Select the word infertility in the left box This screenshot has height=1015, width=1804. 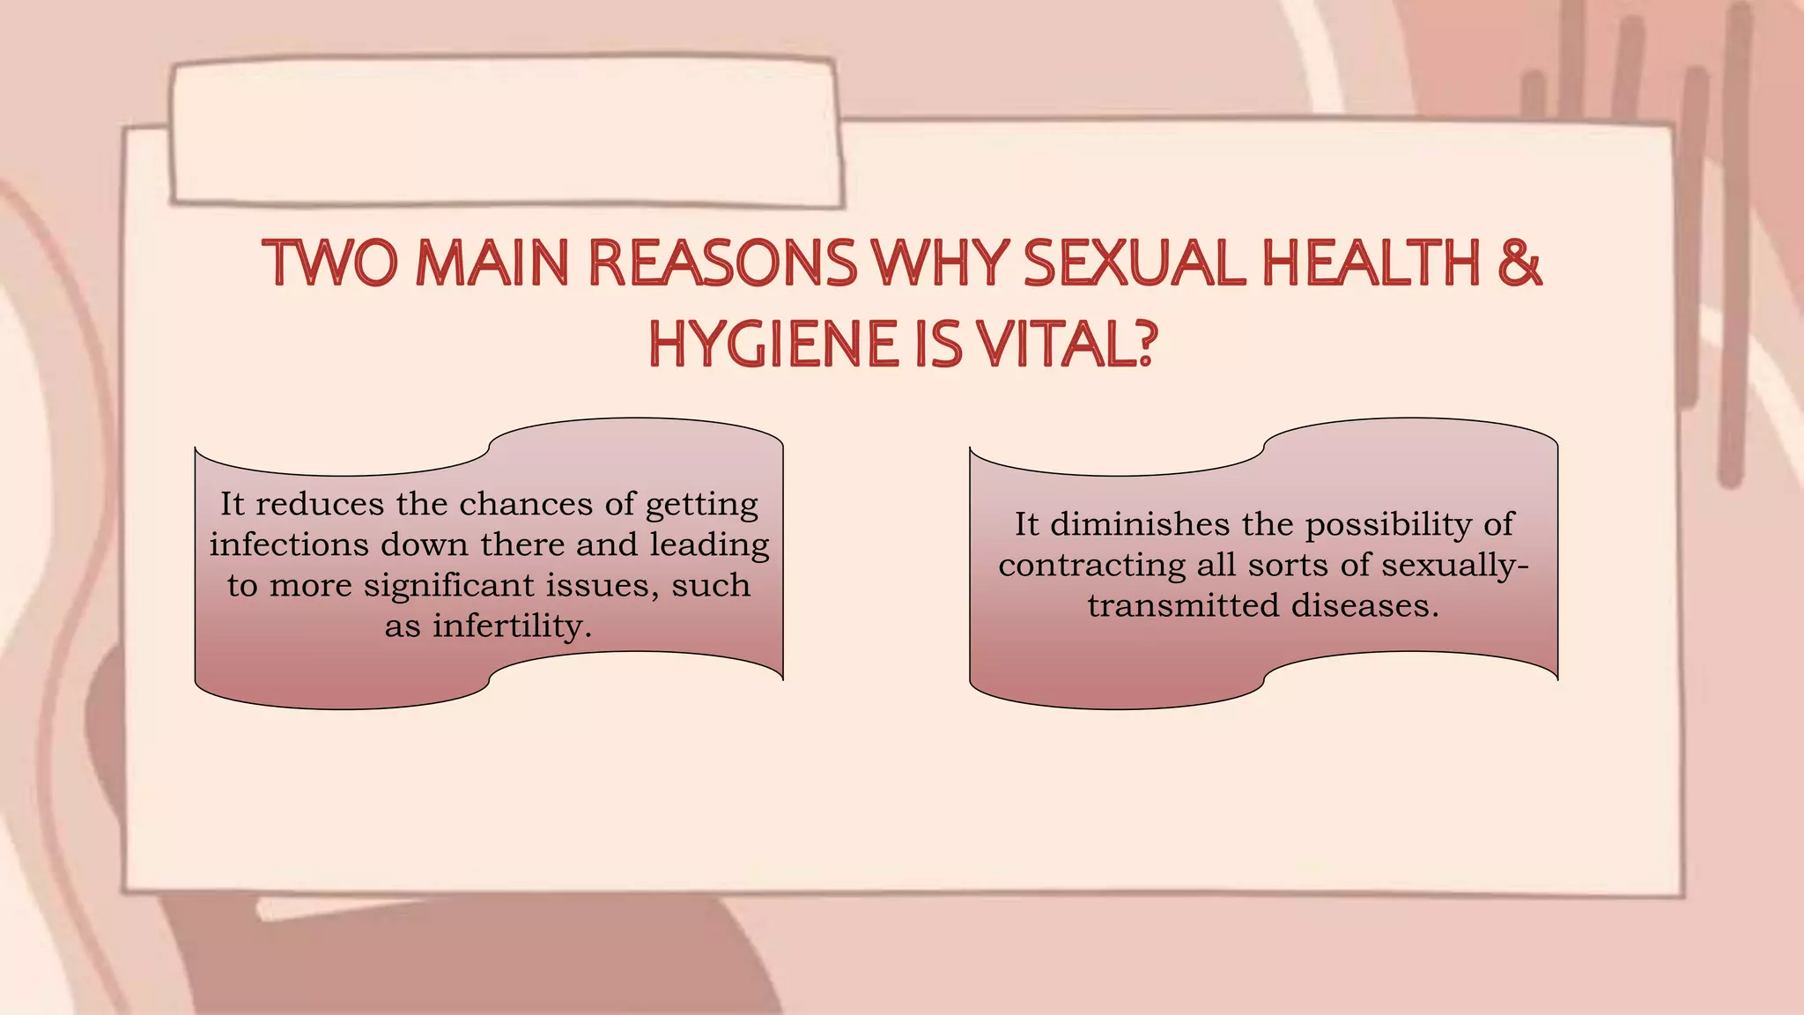pos(511,626)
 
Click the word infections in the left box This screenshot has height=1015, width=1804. pos(289,545)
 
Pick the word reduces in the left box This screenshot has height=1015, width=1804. pos(320,504)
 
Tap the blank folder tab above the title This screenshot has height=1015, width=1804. pos(506,132)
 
